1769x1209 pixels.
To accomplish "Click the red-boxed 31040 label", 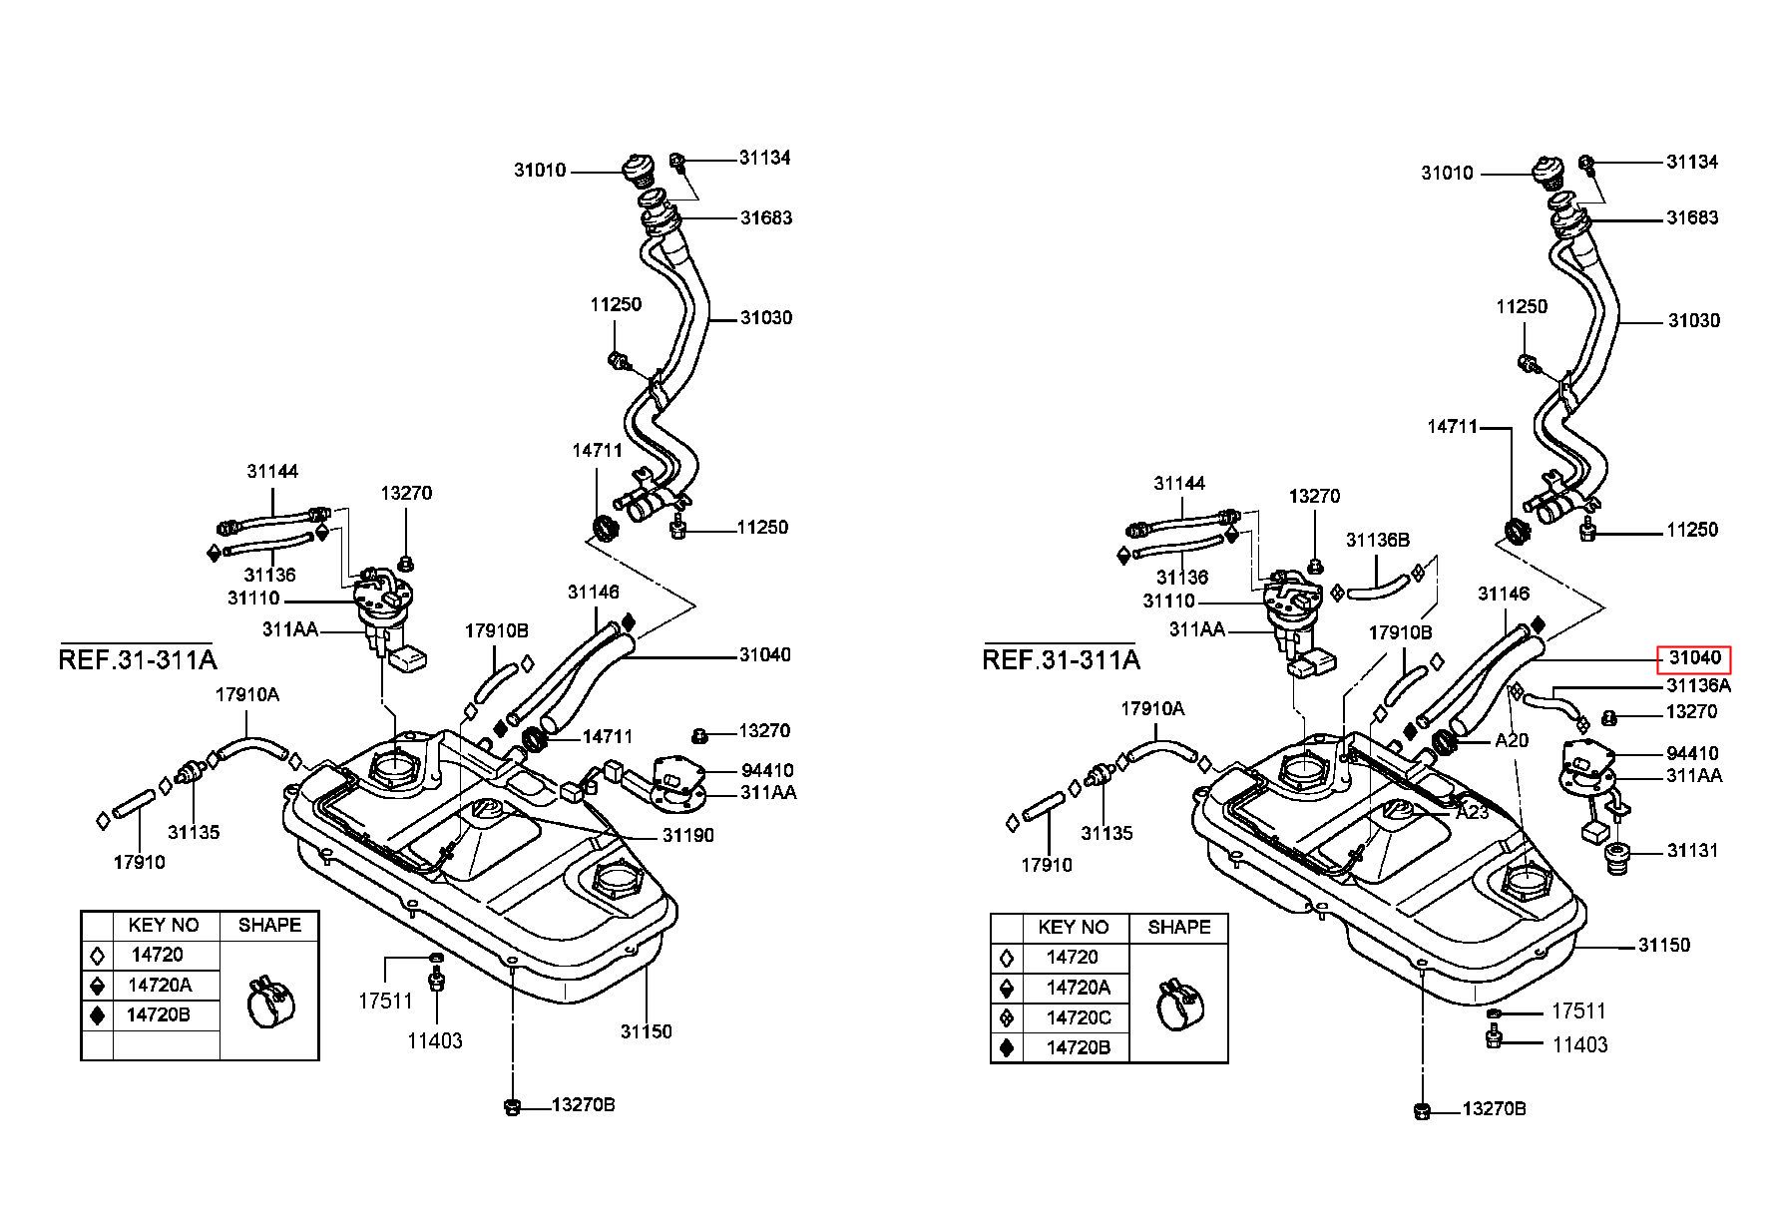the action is point(1694,658).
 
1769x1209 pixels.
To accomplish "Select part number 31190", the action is point(688,835).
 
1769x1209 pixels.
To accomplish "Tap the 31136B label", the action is point(1378,540).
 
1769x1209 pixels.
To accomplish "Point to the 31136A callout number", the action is point(1698,685).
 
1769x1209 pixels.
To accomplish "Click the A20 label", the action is point(1512,741).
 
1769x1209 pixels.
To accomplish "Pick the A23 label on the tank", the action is point(1472,812).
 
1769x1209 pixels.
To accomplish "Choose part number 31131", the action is point(1693,851).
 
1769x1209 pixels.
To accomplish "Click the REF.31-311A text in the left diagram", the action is point(138,659).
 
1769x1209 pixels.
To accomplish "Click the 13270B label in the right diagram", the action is point(1495,1108).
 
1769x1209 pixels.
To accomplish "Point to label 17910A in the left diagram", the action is point(247,694).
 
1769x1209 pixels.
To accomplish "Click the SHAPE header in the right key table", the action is point(1179,927).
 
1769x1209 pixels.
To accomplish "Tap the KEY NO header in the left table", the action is point(164,925).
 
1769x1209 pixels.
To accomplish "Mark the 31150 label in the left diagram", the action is point(647,1031).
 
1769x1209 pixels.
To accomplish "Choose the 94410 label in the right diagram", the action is point(1693,753).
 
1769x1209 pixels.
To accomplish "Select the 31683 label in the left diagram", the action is point(766,217).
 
